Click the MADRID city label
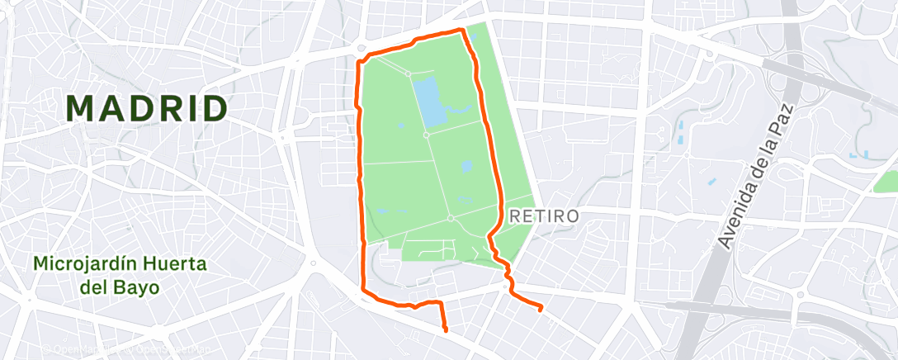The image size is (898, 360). (x=147, y=108)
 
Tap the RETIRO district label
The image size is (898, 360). (x=545, y=216)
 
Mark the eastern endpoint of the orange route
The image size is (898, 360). (x=541, y=310)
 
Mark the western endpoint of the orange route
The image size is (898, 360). (x=446, y=330)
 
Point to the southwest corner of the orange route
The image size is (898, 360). (x=363, y=290)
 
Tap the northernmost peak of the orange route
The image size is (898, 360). (x=461, y=30)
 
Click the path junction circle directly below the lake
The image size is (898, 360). (x=426, y=134)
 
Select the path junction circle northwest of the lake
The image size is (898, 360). (x=408, y=73)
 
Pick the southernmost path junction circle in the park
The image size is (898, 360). (x=450, y=218)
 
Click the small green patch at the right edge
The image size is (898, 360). (x=886, y=181)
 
